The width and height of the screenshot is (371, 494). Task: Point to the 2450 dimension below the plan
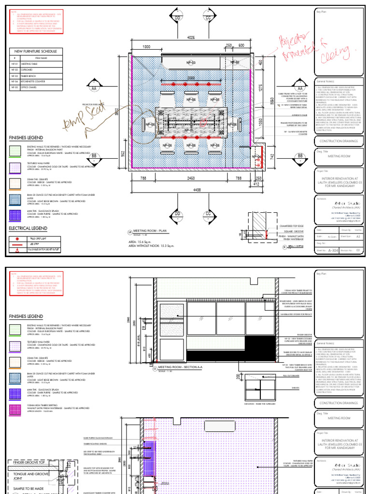pyautogui.click(x=191, y=179)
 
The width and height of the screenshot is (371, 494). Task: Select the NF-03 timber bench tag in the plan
pyautogui.click(x=191, y=63)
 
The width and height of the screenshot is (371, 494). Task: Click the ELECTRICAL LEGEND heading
pyautogui.click(x=28, y=228)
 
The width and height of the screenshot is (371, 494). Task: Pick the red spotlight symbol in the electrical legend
pyautogui.click(x=18, y=239)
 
